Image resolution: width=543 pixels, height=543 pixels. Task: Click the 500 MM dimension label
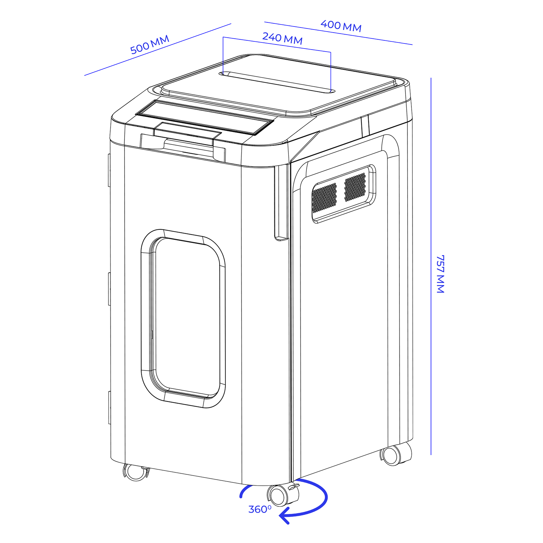coord(150,45)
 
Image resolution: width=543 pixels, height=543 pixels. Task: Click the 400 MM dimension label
coord(341,26)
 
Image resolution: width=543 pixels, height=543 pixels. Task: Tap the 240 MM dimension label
coord(282,38)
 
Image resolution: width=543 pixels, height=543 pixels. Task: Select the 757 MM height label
coord(440,274)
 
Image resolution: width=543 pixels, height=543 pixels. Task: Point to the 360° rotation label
coord(260,509)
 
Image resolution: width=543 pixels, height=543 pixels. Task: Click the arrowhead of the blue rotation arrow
coord(285,516)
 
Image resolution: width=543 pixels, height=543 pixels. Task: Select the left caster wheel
coord(136,472)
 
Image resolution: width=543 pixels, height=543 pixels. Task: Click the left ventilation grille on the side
coord(324,198)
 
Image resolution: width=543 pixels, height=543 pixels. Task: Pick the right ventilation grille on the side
coord(355,187)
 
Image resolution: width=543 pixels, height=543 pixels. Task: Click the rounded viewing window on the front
coord(183,318)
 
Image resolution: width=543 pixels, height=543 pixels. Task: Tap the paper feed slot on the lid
coord(277,82)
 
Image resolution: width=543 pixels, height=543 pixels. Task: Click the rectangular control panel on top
coord(205,117)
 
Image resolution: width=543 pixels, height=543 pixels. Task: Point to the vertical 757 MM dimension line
coord(431,266)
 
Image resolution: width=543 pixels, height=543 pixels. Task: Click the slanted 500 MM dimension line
coord(158,50)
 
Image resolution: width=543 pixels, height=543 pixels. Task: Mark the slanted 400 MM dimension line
coord(338,33)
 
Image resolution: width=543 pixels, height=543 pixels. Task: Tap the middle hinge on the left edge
coord(110,288)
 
